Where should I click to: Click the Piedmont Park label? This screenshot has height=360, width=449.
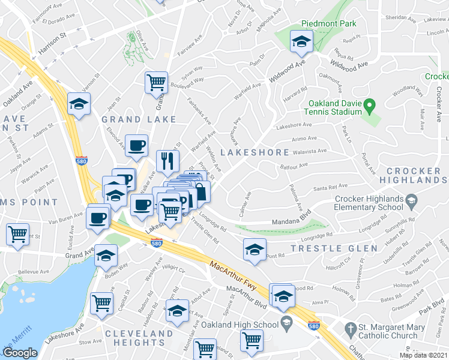click(330, 23)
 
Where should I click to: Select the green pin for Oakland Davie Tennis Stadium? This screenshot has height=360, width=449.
click(370, 108)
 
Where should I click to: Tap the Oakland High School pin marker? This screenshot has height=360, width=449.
click(286, 324)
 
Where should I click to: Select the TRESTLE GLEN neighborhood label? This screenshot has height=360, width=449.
click(334, 248)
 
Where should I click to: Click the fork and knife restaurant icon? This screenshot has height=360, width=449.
click(167, 161)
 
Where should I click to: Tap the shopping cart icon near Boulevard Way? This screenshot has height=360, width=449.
click(156, 82)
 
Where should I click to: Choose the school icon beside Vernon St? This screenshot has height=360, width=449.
click(79, 104)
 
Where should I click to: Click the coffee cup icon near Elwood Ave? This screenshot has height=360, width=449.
click(137, 145)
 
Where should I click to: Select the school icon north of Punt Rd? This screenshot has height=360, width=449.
click(255, 250)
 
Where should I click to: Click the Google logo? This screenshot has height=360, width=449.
click(19, 353)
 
